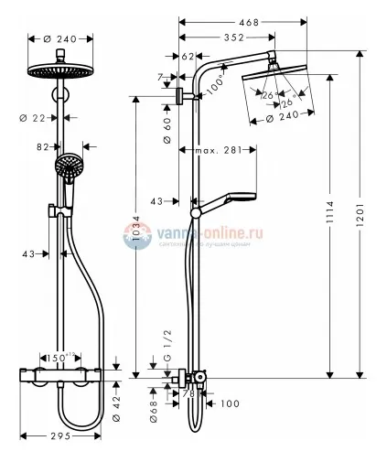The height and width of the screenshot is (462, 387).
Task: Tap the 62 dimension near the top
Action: [188, 56]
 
